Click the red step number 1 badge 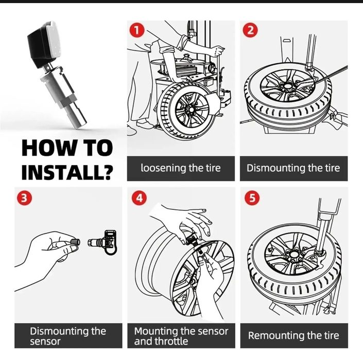coord(136,31)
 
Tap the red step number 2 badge coord(250,31)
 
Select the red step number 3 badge coord(23,199)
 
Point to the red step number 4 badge coord(138,199)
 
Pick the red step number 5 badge coord(250,199)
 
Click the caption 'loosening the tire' coord(180,168)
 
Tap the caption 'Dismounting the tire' coord(293,168)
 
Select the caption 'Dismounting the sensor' coord(67,336)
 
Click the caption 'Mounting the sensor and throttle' coord(181,336)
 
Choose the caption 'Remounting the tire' coord(293,336)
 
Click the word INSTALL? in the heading coord(67,171)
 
